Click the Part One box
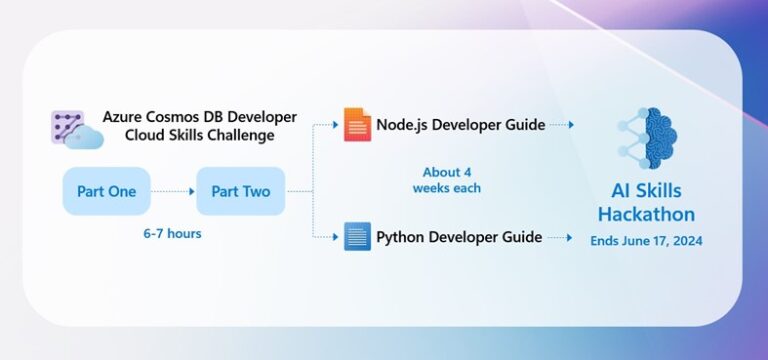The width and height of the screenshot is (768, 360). pyautogui.click(x=106, y=191)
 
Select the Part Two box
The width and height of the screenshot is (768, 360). pyautogui.click(x=241, y=191)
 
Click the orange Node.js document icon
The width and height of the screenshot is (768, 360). pyautogui.click(x=357, y=125)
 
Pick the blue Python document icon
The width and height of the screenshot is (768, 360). pyautogui.click(x=357, y=237)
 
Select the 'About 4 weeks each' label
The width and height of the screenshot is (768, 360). pyautogui.click(x=447, y=180)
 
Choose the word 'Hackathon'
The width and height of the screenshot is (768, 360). pyautogui.click(x=646, y=214)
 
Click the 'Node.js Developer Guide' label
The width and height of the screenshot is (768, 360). pyautogui.click(x=460, y=125)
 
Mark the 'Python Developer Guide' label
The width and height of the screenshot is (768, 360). pyautogui.click(x=459, y=237)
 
